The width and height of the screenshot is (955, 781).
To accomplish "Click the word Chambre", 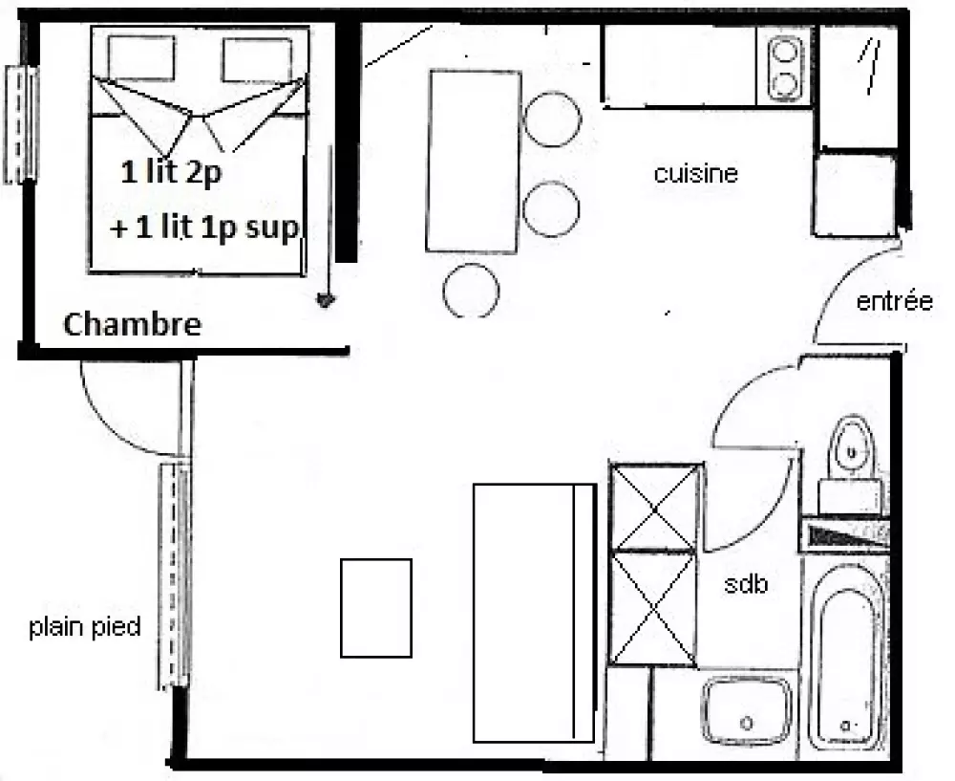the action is coord(132,324).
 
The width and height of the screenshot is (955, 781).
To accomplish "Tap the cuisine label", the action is coord(695,174).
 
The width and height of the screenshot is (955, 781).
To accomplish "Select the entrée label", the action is coord(894,301).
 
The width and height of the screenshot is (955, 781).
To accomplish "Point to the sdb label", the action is coord(746,584).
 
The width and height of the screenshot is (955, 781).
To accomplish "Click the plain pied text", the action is coord(85,627).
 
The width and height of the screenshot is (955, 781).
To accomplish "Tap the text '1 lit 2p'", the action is coord(171,172).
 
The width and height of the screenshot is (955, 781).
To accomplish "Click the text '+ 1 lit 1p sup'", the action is coord(204,228).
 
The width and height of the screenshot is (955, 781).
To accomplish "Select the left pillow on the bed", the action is coord(141,58).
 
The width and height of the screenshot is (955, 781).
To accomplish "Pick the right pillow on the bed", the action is coord(257,60).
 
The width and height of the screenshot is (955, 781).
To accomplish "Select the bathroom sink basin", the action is coord(747,710).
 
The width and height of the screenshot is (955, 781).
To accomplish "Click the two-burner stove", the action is coord(783,68).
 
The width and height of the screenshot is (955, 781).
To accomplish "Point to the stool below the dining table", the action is coord(471,291).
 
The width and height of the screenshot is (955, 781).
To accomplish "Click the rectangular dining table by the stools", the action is coord(474,162).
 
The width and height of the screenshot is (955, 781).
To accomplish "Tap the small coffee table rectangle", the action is coord(375,608).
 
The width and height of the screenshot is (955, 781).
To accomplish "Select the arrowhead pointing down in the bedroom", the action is coord(326,300).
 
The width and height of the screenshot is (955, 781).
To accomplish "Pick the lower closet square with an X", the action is coord(653,609).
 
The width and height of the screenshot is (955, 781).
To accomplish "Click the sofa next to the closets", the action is coord(534,613).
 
